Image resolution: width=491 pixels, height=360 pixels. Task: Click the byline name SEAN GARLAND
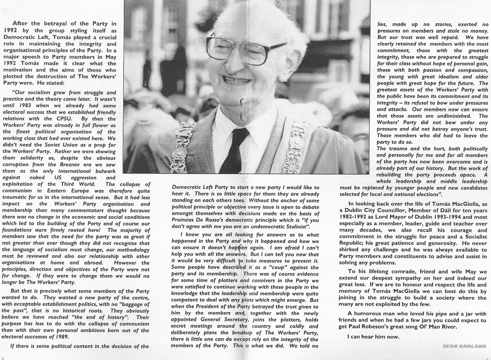pos(464,346)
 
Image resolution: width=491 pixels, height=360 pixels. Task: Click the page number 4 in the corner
pos(2,357)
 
